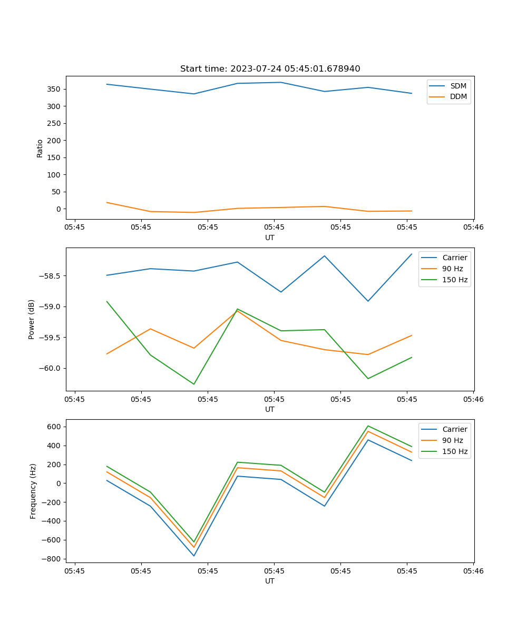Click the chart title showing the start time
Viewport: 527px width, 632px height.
pyautogui.click(x=270, y=69)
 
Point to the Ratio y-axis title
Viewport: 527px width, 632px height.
pyautogui.click(x=40, y=147)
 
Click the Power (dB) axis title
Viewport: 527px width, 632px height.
pyautogui.click(x=32, y=319)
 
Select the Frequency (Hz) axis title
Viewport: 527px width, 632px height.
pyautogui.click(x=33, y=491)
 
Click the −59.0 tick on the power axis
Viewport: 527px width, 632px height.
pyautogui.click(x=51, y=307)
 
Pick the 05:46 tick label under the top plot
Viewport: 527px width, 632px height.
pyautogui.click(x=473, y=228)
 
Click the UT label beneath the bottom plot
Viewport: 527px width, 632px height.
pyautogui.click(x=270, y=581)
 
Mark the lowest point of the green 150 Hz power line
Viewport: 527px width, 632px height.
pyautogui.click(x=194, y=384)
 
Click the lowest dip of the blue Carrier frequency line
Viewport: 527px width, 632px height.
pyautogui.click(x=194, y=556)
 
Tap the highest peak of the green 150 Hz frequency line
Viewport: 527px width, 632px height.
pyautogui.click(x=368, y=426)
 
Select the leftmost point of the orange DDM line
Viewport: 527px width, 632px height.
pyautogui.click(x=107, y=202)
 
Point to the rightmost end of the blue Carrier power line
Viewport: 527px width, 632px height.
pyautogui.click(x=412, y=254)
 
